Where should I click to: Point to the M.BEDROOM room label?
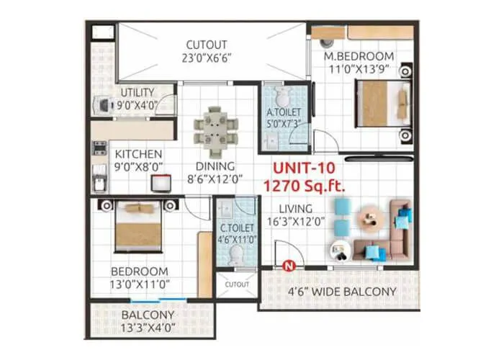(359, 56)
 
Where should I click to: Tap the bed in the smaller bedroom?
(139, 225)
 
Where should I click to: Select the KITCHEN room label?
(139, 155)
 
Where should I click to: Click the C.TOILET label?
(236, 229)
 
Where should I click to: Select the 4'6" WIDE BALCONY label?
(342, 292)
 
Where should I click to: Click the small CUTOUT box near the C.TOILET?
(236, 284)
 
